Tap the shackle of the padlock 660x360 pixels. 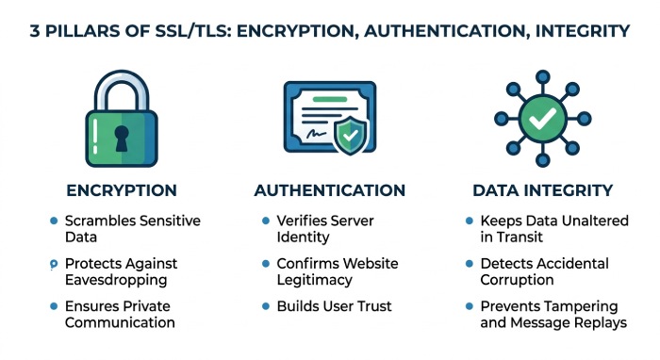point(122,76)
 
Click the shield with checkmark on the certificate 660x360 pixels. point(350,135)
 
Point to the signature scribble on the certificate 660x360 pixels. point(317,134)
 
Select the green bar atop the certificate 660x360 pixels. point(330,100)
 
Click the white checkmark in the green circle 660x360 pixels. point(542,119)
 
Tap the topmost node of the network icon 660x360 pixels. point(542,77)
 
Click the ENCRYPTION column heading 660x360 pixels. point(122,190)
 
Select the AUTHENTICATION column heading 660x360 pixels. point(330,190)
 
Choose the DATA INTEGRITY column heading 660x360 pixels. point(542,190)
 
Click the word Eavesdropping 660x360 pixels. point(116,280)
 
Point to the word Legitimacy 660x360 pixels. point(314,280)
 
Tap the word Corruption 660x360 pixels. point(517,280)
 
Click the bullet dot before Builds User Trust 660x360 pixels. point(266,306)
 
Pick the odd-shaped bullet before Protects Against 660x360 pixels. point(54,265)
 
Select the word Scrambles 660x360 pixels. point(100,221)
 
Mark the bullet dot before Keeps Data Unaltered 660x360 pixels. point(470,221)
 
